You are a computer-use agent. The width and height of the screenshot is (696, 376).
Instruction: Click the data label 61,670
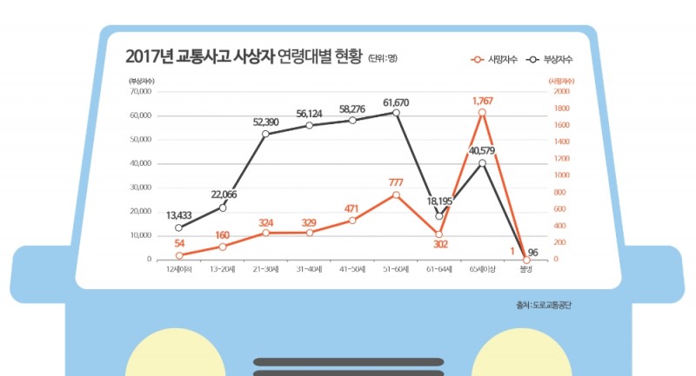[x=396, y=102]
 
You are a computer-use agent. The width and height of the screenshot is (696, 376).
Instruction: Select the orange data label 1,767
[x=483, y=102]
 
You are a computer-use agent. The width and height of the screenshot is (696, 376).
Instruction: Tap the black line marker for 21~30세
[x=265, y=134]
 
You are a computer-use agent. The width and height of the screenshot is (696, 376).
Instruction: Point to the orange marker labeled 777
[x=396, y=195]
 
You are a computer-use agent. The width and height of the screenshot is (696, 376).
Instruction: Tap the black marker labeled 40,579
[x=483, y=163]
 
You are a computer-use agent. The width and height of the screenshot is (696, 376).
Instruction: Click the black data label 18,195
[x=439, y=201]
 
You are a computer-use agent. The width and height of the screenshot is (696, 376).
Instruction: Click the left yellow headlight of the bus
[x=173, y=356]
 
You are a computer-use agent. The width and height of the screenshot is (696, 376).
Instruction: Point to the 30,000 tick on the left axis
[x=140, y=188]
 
